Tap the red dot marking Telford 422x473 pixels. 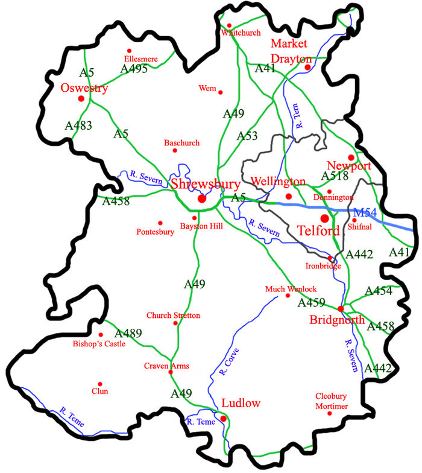[x=324, y=218]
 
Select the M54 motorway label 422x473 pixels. [x=365, y=212]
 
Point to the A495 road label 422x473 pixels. [x=134, y=69]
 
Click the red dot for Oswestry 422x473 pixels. [x=81, y=98]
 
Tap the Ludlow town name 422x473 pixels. [x=241, y=403]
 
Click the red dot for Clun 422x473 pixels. [x=101, y=383]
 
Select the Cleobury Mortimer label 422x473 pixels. [x=332, y=401]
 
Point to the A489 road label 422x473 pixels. [x=128, y=333]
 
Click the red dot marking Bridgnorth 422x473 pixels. [x=341, y=309]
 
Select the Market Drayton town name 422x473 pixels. [x=289, y=51]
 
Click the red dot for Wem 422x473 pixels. [x=221, y=92]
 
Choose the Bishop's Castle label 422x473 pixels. [x=100, y=344]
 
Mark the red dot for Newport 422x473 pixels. [x=351, y=157]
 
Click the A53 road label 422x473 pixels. [x=248, y=135]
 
